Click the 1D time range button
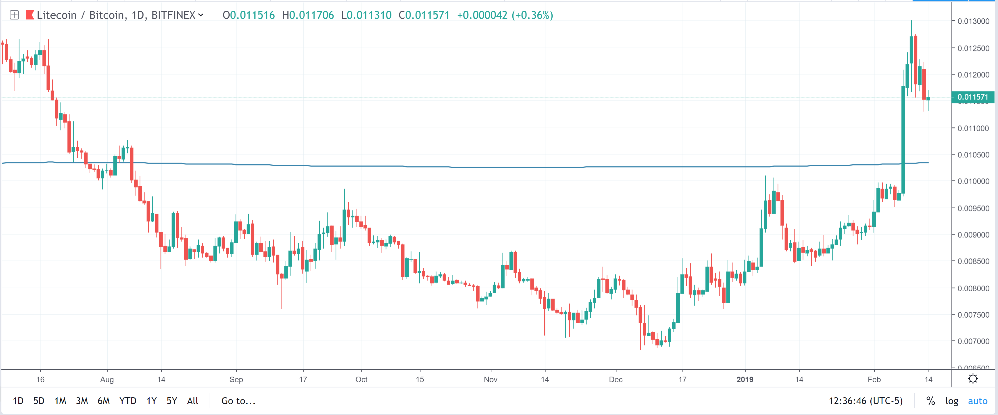(18, 401)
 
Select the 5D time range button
(39, 401)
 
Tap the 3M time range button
(82, 401)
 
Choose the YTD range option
(128, 401)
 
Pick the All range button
(193, 401)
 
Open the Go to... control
(238, 401)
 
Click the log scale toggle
(952, 401)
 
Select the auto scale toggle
(977, 401)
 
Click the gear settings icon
(973, 379)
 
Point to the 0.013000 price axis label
(973, 21)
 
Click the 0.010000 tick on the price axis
(973, 181)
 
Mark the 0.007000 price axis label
(973, 341)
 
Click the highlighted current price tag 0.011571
(973, 97)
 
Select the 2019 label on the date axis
(745, 379)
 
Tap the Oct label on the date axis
(361, 379)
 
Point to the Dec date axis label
(615, 379)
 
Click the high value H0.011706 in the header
(308, 15)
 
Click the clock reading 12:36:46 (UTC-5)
(865, 401)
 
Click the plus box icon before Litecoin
(14, 15)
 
